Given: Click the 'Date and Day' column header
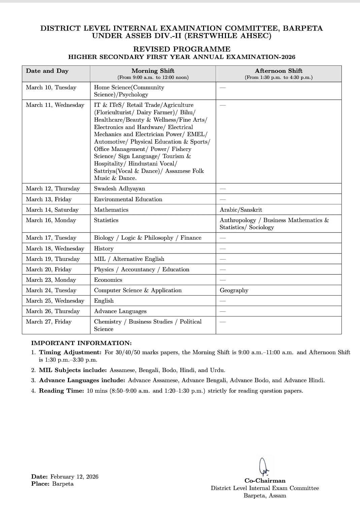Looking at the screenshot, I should point(47,71).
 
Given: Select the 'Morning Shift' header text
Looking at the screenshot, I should point(153,71).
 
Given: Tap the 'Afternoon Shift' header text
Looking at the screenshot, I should point(279,71).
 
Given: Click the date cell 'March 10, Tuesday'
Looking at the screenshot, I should point(51,87).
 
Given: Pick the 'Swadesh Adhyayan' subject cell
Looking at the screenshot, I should point(120,188).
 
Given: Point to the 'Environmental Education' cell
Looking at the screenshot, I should point(128,199).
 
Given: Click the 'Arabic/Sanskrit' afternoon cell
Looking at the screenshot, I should point(241,210).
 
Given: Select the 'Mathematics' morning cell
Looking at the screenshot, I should point(111,210).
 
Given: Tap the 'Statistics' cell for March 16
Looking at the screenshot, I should point(106,220).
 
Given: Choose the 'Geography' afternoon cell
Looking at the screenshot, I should point(234,290).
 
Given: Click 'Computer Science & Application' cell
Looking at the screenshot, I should point(138,290).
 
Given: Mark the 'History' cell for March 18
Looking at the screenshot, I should point(104,248).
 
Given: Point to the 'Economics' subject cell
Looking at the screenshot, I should point(108,280).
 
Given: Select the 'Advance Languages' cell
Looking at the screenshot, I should point(120,311).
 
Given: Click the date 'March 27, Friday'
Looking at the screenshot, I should point(49,322).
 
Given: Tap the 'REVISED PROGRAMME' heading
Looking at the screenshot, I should point(182,49).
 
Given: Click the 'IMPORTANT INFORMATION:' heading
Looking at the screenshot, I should point(81,343).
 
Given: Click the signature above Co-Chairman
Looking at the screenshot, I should point(264,466).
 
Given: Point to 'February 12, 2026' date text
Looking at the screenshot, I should point(74,477).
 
